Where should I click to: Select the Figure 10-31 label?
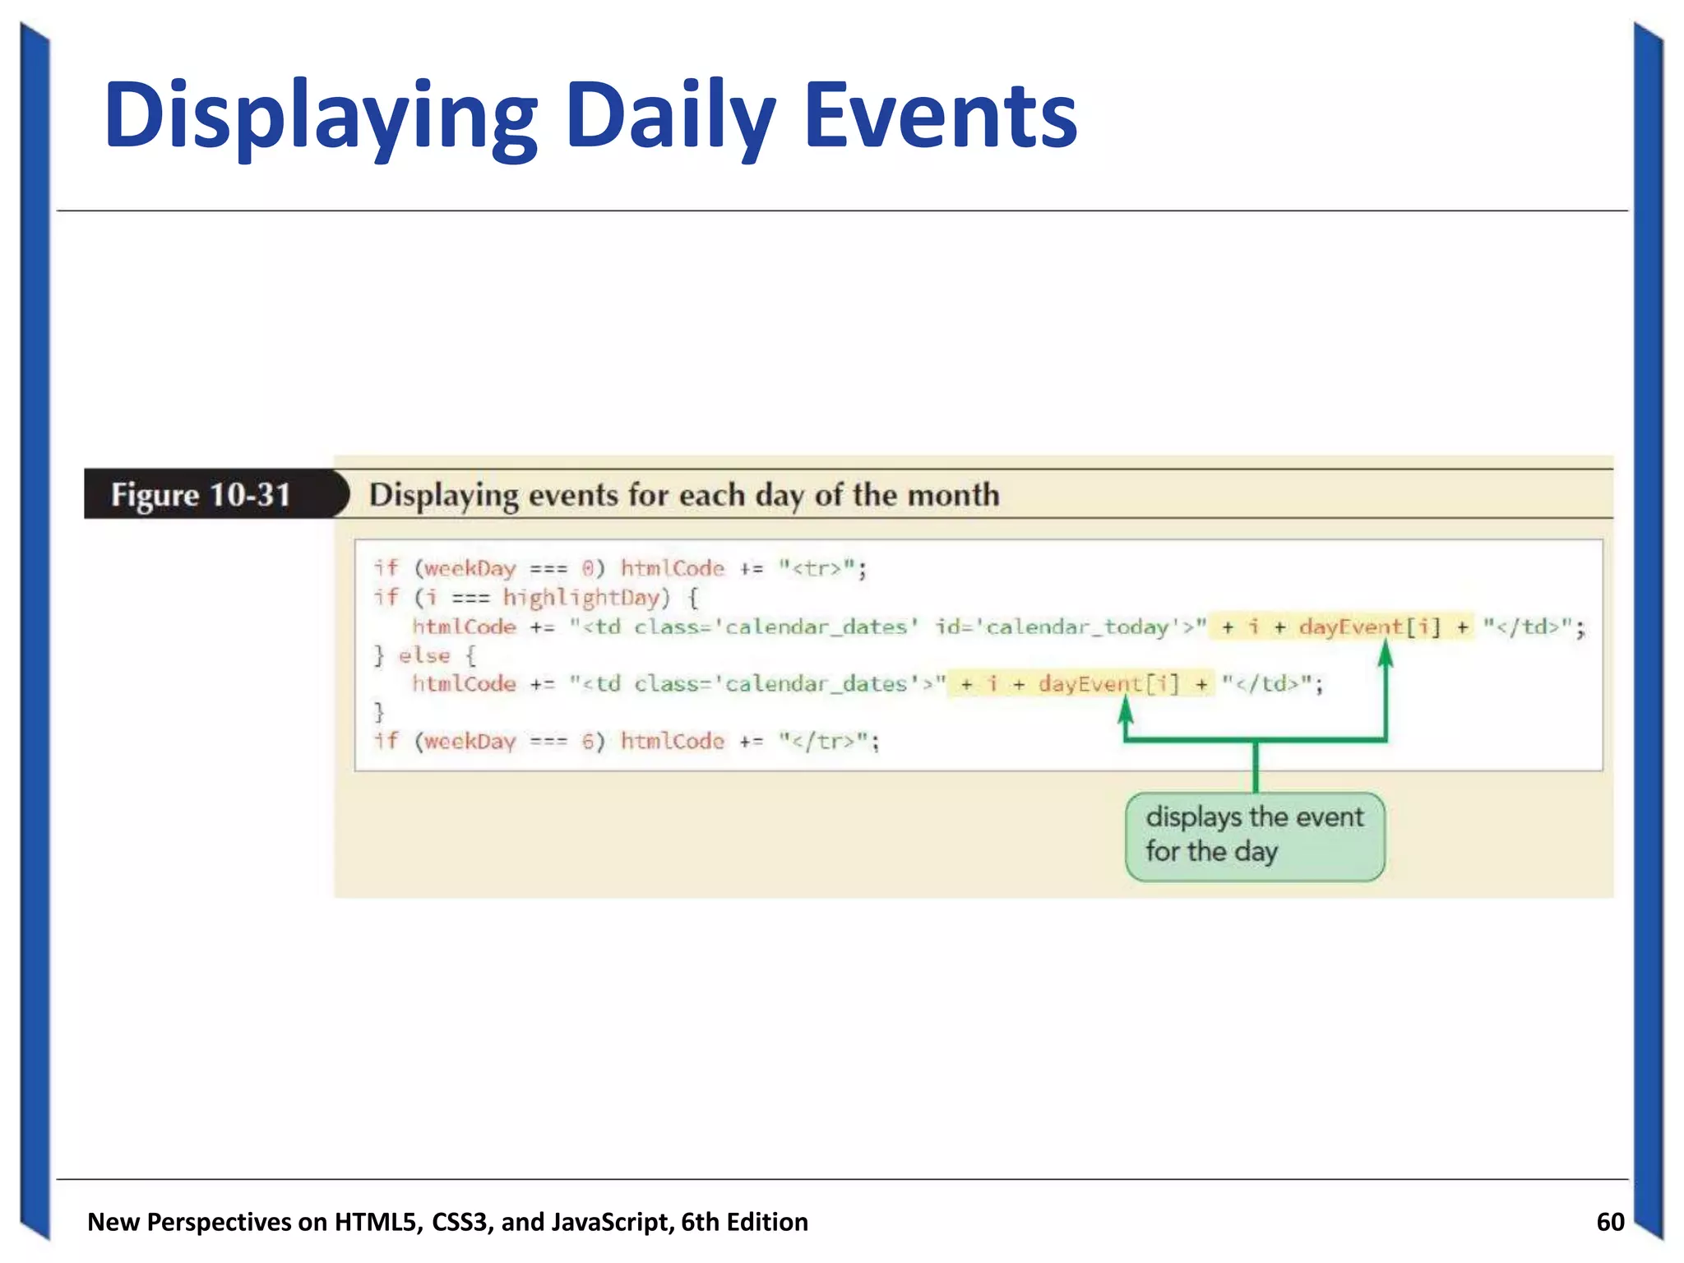pos(201,494)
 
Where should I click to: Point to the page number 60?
pos(1610,1222)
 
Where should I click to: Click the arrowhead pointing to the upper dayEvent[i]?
pos(1386,653)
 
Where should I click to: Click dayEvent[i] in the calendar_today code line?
pos(1370,627)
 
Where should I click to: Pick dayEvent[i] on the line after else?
pos(1108,684)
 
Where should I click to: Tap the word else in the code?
pos(424,655)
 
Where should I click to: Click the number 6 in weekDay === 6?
pos(588,742)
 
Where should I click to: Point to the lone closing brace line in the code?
pos(379,711)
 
